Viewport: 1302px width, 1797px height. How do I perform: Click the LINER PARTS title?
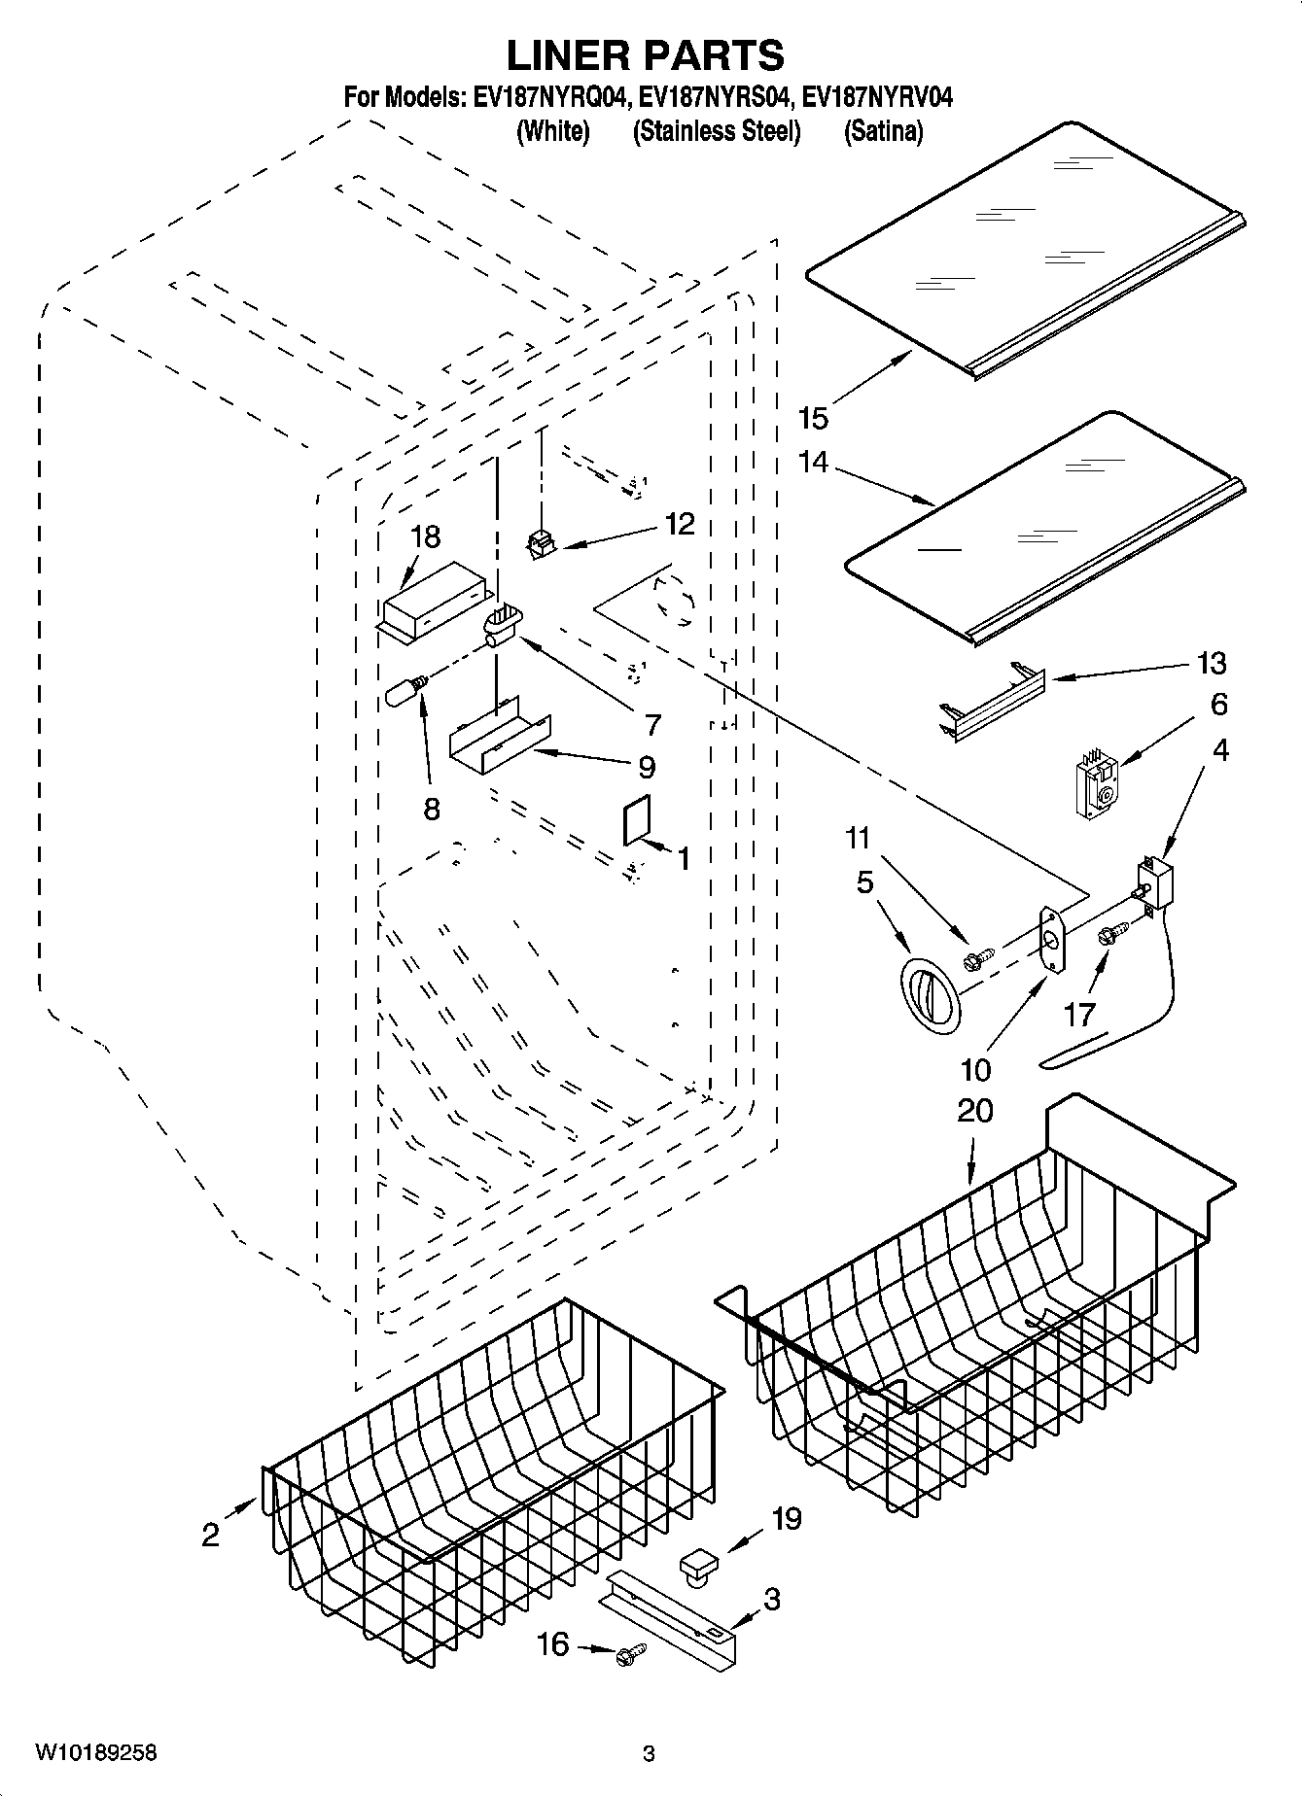click(646, 55)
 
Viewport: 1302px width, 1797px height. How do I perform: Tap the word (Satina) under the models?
click(883, 131)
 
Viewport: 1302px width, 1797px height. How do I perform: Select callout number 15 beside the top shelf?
click(813, 419)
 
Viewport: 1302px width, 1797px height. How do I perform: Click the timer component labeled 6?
click(1095, 785)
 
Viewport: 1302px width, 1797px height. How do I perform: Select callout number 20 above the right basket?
click(974, 1110)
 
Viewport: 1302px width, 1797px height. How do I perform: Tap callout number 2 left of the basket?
click(211, 1535)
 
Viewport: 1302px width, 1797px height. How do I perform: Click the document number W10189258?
click(95, 1753)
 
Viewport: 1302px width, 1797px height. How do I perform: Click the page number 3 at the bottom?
click(649, 1754)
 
